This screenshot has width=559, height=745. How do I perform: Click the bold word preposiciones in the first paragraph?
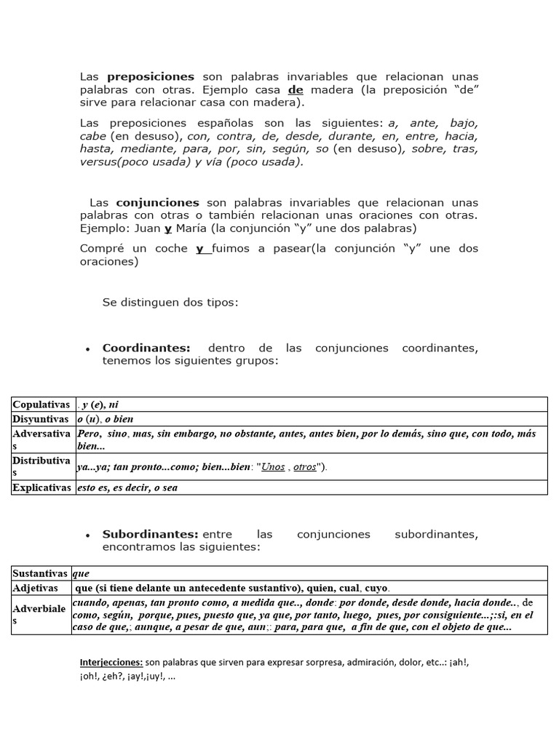(151, 76)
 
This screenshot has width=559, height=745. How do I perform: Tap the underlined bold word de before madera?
(296, 89)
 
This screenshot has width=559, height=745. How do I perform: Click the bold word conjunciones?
(157, 203)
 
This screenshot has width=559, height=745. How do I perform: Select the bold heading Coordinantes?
(146, 348)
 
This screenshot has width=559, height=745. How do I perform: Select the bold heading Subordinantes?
(151, 535)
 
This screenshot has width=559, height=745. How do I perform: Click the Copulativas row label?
(41, 405)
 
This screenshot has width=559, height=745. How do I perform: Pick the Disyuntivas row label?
(41, 419)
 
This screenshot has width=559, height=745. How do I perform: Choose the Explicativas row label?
(41, 487)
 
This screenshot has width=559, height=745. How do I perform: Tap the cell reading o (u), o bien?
(106, 419)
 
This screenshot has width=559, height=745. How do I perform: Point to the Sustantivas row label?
(40, 573)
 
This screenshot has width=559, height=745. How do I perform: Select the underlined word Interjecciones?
(111, 663)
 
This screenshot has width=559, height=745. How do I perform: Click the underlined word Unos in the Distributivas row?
(273, 467)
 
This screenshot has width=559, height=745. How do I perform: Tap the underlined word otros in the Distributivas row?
(304, 467)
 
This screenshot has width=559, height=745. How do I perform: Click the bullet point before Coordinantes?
(88, 350)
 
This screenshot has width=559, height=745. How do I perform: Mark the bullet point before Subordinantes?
(88, 536)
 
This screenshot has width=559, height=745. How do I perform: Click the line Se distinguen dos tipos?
(170, 302)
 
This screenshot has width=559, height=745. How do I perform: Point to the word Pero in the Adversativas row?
(88, 434)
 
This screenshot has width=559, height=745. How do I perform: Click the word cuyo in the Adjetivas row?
(376, 587)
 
